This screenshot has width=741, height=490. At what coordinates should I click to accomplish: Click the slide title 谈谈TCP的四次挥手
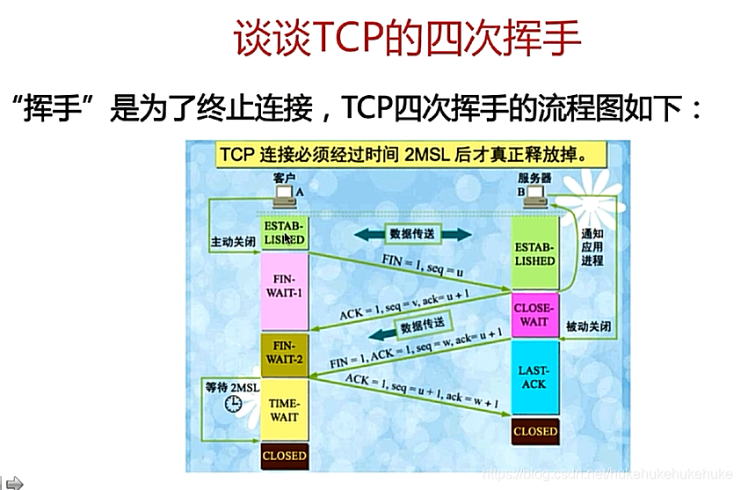pos(407,40)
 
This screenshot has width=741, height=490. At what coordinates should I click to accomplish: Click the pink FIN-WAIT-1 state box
pos(283,287)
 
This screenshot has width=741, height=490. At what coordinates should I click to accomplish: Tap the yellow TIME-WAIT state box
pos(283,410)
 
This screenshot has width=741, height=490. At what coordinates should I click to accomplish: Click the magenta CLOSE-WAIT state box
pos(534,315)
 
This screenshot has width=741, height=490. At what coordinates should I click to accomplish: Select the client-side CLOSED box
pos(283,456)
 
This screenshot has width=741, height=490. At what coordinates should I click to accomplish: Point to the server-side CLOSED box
pos(534,431)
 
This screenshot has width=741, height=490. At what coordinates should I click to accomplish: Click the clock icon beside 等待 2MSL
pos(233,404)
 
